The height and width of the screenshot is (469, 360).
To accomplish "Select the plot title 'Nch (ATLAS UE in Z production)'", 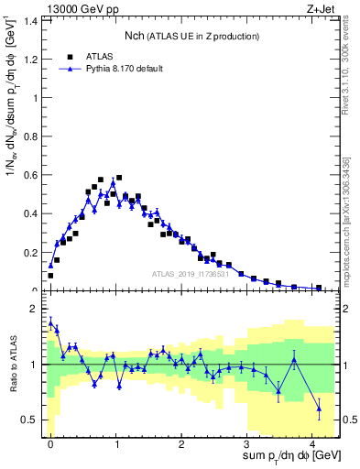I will point(191,36).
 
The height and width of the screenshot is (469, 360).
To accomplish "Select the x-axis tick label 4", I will point(312,441).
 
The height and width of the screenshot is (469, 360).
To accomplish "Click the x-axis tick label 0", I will point(50,441).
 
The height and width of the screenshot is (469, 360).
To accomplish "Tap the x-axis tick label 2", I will point(181,441).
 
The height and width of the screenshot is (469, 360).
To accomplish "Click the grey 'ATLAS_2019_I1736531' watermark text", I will point(191,274).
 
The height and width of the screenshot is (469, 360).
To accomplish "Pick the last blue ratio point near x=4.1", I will point(319,408).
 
